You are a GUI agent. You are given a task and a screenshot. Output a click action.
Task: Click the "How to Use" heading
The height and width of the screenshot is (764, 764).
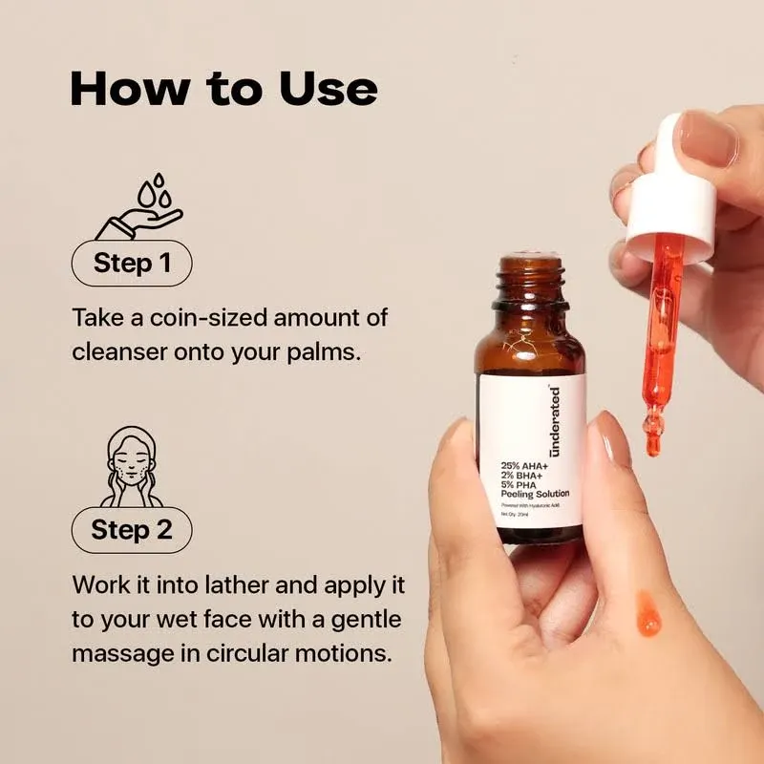(223, 89)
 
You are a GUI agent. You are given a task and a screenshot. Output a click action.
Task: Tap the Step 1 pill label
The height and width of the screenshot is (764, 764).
(132, 263)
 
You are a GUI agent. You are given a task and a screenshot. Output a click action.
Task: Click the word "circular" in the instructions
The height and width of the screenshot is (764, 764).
(269, 654)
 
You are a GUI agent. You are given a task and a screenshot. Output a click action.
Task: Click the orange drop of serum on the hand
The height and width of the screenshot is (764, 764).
(647, 612)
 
